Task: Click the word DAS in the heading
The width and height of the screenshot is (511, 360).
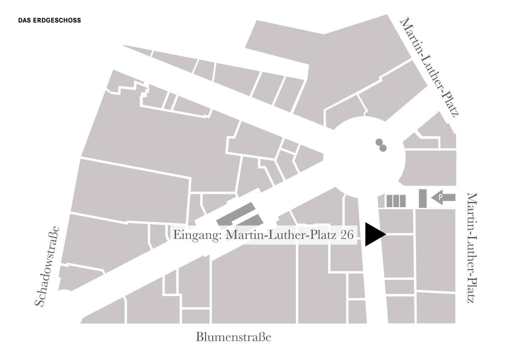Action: tap(24, 21)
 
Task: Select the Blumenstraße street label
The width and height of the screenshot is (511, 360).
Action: tap(233, 337)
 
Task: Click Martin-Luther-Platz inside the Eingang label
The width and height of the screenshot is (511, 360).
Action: tap(282, 235)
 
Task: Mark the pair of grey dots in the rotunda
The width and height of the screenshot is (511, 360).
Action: tap(381, 145)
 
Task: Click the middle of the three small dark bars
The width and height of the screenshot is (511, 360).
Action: tap(396, 201)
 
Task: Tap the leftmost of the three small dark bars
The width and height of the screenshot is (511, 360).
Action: tap(390, 201)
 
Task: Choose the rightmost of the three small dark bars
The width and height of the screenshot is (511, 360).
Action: tap(402, 201)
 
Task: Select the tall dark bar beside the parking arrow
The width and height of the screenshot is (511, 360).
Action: tap(422, 199)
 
